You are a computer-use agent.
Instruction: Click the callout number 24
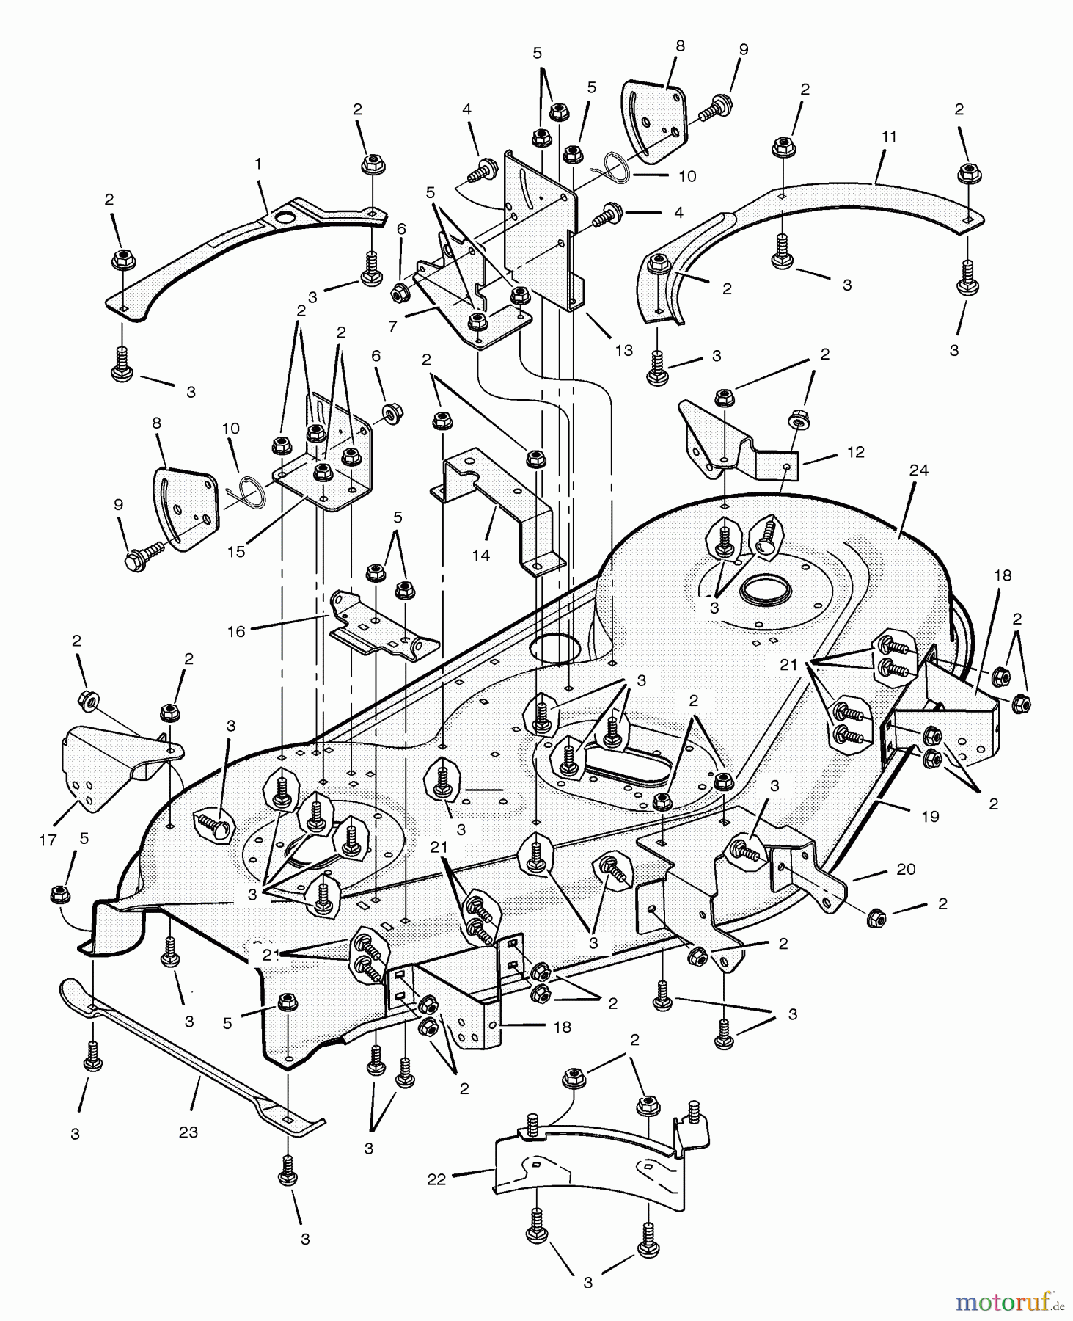918,470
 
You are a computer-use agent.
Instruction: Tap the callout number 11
889,137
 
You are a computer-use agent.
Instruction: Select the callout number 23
188,1132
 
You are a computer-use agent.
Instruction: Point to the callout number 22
436,1180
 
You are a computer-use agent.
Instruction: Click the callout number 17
48,840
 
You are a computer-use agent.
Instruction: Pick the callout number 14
480,556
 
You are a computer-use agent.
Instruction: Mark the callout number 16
235,631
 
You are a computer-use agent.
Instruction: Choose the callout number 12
855,452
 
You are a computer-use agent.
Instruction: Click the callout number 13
623,351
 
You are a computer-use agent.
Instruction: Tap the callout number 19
930,816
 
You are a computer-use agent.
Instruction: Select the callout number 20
906,869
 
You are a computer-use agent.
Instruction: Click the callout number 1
258,164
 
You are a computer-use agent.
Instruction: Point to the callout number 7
392,327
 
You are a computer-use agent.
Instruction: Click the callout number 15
235,552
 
